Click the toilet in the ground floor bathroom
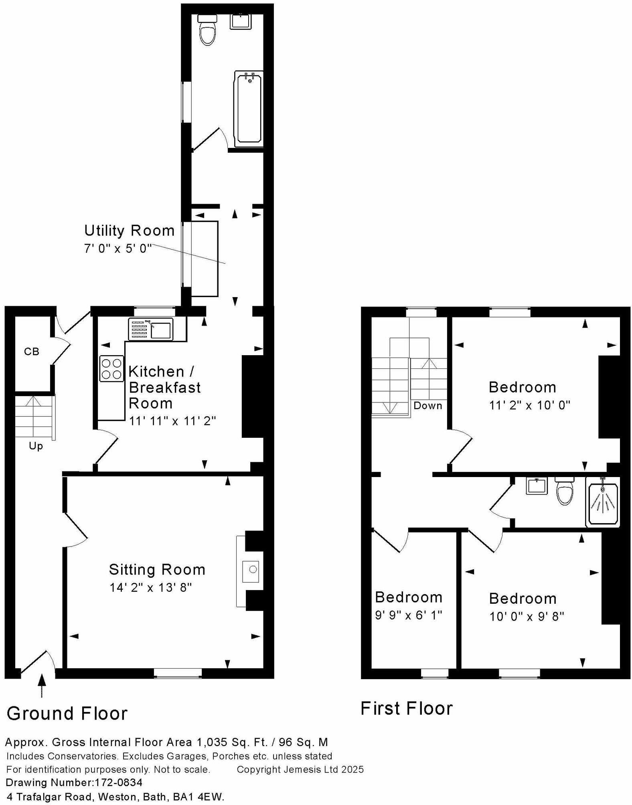(207, 32)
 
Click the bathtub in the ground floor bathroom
(249, 107)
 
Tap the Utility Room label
(129, 231)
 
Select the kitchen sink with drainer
(151, 329)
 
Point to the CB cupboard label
(32, 352)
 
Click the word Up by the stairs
(36, 446)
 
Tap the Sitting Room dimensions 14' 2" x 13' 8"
(151, 587)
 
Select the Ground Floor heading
(67, 713)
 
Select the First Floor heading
(406, 708)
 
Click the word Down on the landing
(427, 405)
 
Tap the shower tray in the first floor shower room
(603, 502)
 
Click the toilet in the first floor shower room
(565, 492)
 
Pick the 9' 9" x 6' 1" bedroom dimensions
(408, 615)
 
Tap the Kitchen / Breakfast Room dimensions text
(172, 421)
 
